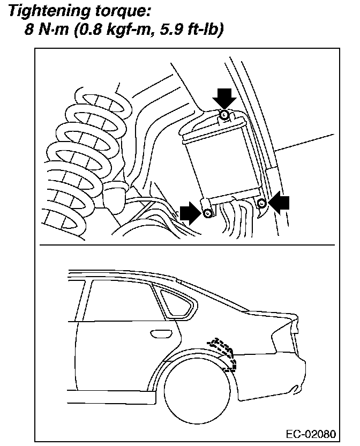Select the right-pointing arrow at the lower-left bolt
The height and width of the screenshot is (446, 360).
tap(190, 213)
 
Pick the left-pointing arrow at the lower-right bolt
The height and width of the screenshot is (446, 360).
tap(279, 203)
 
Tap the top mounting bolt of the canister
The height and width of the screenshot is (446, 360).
tap(225, 115)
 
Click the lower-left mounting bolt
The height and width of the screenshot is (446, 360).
tap(208, 213)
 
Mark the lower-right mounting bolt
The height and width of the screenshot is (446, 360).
tap(262, 203)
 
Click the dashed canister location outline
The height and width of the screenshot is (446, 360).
tap(224, 353)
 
